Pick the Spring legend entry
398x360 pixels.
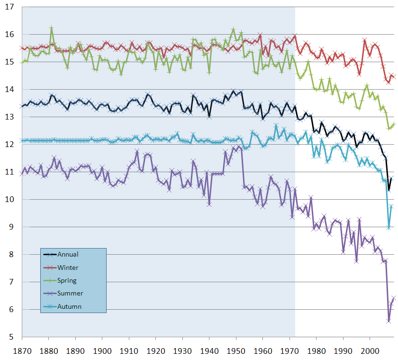(67, 280)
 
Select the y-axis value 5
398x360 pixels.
(12, 337)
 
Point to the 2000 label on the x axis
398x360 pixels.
(369, 351)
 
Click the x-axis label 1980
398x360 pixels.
(316, 351)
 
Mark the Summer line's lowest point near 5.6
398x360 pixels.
(389, 321)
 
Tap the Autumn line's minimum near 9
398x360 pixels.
(389, 228)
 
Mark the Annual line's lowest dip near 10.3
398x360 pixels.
(389, 190)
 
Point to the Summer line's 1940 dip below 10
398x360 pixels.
(209, 204)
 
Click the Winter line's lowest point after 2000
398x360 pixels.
(389, 82)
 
